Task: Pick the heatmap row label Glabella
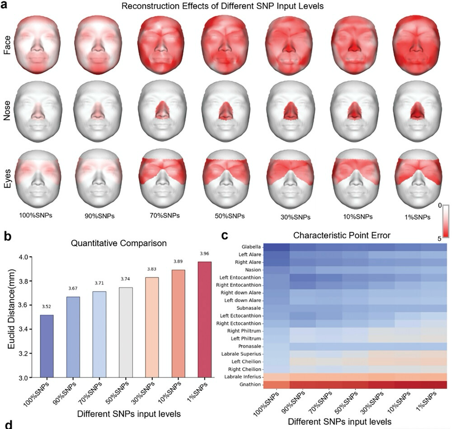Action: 251,247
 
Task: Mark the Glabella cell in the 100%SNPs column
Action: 276,247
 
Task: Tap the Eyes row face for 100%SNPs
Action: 38,177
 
